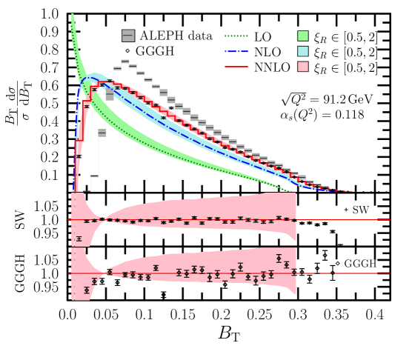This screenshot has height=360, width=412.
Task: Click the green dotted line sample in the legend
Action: [236, 36]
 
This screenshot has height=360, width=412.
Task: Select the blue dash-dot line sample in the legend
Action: [236, 51]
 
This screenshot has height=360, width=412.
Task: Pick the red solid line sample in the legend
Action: [236, 67]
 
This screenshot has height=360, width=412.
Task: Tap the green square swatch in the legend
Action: [302, 36]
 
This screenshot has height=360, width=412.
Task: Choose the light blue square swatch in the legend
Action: [302, 51]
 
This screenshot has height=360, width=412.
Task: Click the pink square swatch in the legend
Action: [302, 67]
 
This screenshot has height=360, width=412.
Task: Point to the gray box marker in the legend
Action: [128, 36]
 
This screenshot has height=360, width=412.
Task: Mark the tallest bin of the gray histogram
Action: [125, 61]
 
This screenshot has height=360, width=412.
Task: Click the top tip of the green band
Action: [73, 15]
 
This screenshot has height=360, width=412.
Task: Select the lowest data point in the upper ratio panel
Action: [79, 239]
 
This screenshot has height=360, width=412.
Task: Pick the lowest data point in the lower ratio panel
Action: [87, 290]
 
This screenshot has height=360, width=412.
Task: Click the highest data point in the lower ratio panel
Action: [279, 259]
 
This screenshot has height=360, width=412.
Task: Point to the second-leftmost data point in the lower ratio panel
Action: [94, 281]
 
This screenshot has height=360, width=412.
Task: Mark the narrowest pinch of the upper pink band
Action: [106, 219]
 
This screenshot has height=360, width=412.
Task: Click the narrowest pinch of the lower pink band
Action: [106, 273]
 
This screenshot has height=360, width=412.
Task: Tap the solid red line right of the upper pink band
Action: [341, 219]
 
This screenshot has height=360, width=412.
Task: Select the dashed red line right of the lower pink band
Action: [341, 273]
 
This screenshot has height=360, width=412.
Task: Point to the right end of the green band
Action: [290, 191]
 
